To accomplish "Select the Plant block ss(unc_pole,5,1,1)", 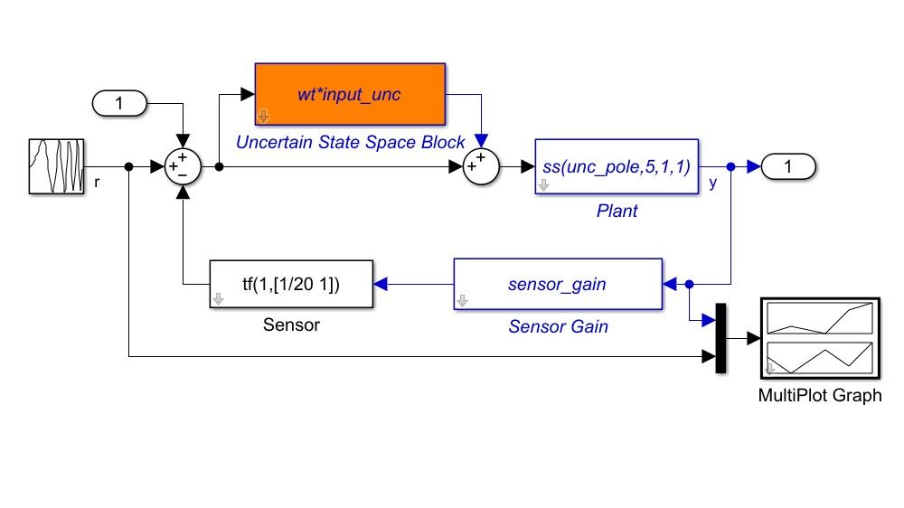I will [616, 167].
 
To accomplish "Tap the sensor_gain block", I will [557, 285].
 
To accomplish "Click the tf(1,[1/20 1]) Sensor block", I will [291, 285].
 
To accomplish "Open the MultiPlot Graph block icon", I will [819, 337].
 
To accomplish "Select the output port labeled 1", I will [788, 167].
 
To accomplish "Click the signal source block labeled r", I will [56, 166].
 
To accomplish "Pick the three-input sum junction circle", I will [184, 167].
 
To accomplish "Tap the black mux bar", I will [720, 338].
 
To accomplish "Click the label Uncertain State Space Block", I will [350, 142].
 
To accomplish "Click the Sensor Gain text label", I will [558, 327].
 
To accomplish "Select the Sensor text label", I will [291, 325].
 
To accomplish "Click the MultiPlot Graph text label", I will [819, 395].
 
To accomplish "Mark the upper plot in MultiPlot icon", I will [819, 318].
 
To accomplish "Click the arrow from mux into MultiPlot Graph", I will [744, 338].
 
